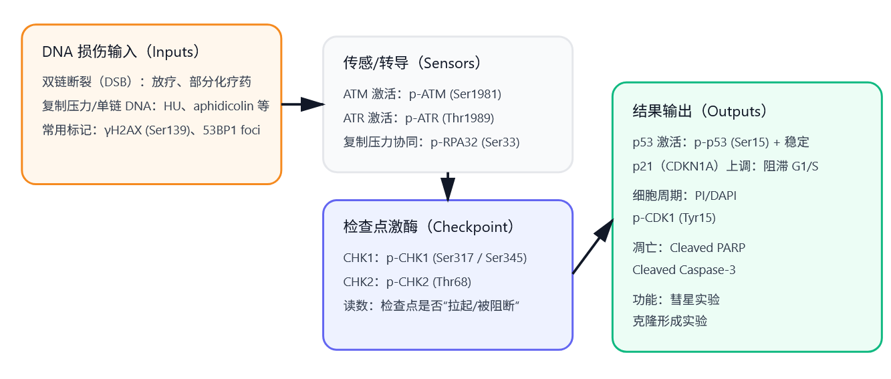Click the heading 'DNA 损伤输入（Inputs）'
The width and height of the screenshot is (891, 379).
pos(120,52)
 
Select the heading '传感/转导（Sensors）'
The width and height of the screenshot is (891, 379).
pos(412,64)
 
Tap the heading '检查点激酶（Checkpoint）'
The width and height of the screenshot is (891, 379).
pos(428,227)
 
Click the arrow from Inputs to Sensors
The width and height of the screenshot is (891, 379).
pos(302,104)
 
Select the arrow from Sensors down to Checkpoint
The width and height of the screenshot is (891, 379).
pos(448,186)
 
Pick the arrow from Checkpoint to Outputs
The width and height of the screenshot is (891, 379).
pos(593,246)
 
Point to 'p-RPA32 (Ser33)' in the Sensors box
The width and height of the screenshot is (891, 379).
pos(474,142)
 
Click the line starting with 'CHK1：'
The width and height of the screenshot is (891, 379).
pos(434,258)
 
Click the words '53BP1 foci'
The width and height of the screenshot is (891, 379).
pos(233,130)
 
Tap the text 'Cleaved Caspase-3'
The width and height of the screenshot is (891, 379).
pos(679,270)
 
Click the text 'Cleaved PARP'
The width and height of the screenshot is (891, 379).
pos(707,248)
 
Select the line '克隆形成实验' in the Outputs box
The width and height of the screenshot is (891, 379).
pos(670,322)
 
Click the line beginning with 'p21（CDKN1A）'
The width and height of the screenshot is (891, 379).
pos(725,166)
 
